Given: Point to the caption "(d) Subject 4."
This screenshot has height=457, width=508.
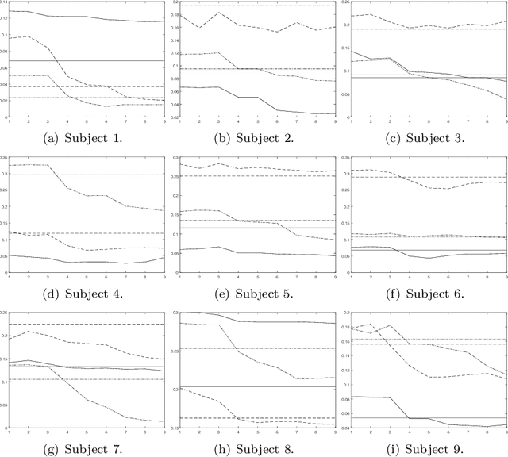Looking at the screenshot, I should coord(87,294).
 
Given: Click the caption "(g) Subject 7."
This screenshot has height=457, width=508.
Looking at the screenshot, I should coord(87,449).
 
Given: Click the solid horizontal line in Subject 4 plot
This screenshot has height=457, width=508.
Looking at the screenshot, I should coord(87,213).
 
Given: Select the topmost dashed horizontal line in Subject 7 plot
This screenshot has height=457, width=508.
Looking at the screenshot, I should coord(87,324).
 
